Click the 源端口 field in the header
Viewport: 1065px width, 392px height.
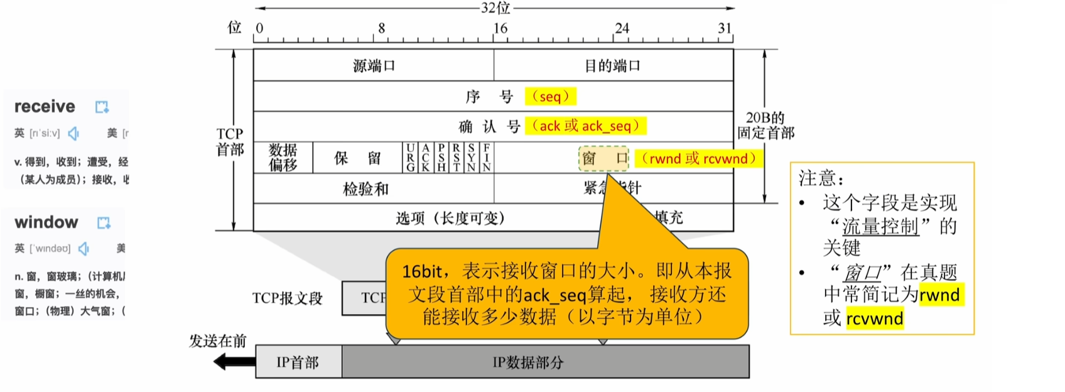374,65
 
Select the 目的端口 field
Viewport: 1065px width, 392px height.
613,65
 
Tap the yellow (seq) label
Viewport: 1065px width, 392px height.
550,96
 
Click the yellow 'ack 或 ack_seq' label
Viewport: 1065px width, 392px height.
585,126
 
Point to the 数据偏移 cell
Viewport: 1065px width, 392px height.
283,157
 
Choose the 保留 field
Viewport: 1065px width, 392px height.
357,158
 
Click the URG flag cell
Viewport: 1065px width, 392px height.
410,158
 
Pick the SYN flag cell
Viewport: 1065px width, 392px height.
471,158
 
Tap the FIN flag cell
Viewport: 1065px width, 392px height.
487,158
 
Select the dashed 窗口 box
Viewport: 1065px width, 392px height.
603,158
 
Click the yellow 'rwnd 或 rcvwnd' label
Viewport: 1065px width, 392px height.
698,158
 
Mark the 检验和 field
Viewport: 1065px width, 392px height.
365,188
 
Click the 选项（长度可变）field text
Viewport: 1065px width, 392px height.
450,218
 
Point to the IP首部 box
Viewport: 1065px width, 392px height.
298,362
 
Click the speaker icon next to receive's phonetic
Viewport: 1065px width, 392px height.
74,133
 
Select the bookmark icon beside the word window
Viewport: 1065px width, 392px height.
104,222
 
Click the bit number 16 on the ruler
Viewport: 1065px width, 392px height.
500,28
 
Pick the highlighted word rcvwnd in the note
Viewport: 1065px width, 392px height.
874,318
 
